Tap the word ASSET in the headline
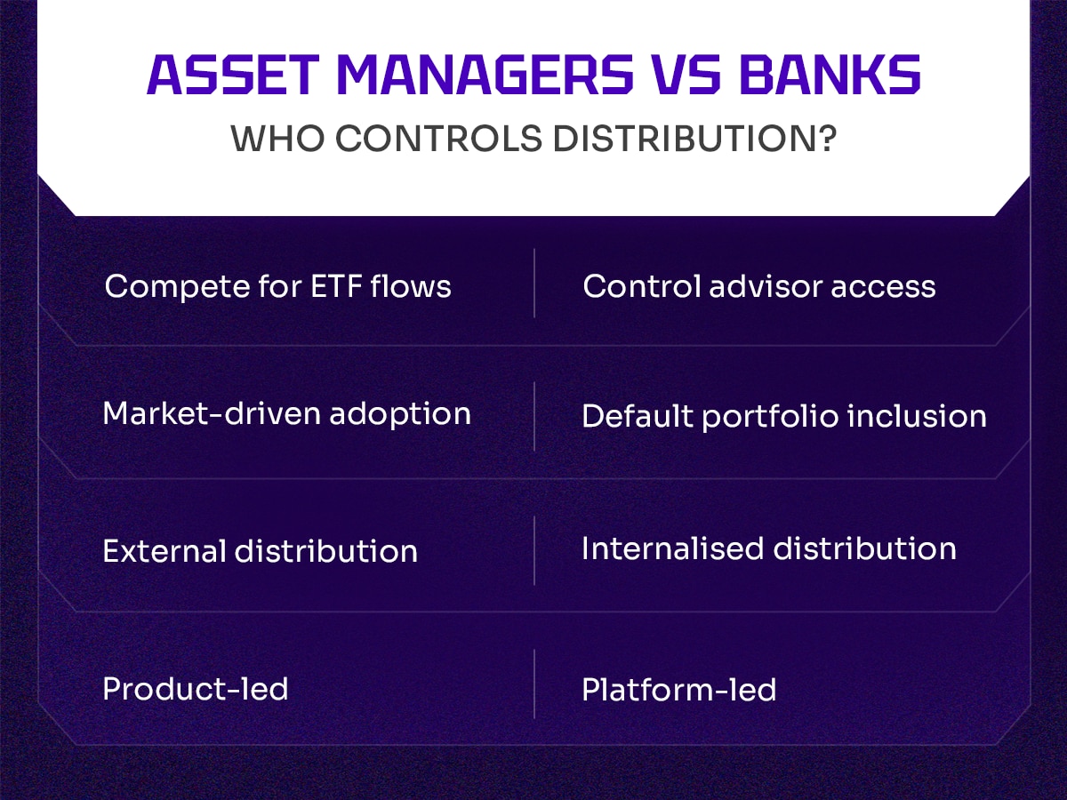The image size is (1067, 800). pyautogui.click(x=233, y=75)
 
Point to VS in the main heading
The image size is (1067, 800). pyautogui.click(x=686, y=75)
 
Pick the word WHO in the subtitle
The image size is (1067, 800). pyautogui.click(x=277, y=139)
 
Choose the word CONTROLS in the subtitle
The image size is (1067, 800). pyautogui.click(x=438, y=139)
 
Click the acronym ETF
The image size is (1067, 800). pyautogui.click(x=336, y=286)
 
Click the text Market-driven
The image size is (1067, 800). pyautogui.click(x=211, y=414)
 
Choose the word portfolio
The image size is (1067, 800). pyautogui.click(x=770, y=417)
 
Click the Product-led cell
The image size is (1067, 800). pyautogui.click(x=196, y=689)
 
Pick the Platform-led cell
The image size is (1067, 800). pyautogui.click(x=679, y=690)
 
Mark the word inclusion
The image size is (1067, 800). pyautogui.click(x=918, y=416)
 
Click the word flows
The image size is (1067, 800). pyautogui.click(x=411, y=285)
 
